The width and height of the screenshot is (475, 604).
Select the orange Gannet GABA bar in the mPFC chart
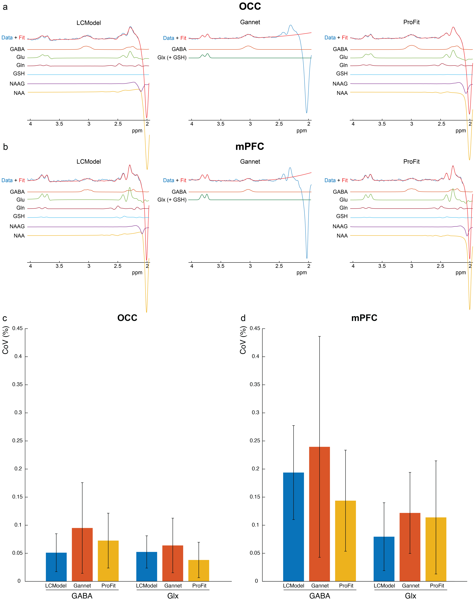(x=320, y=514)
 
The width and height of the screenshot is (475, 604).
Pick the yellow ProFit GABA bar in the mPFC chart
(x=345, y=541)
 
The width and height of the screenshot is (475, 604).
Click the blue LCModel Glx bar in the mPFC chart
(x=384, y=559)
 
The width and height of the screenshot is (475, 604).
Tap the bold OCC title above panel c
(x=127, y=318)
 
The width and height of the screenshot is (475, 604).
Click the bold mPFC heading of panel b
(x=250, y=147)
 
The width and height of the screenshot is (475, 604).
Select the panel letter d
(x=243, y=318)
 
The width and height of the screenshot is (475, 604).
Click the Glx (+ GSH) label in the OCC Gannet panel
(x=172, y=58)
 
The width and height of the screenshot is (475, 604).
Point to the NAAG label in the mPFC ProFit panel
(x=340, y=226)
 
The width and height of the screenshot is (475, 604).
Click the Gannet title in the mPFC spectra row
(x=250, y=162)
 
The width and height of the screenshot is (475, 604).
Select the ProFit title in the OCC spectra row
(x=411, y=22)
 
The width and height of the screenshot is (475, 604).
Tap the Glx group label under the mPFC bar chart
(x=411, y=596)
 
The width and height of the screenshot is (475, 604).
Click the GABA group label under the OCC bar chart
(x=82, y=596)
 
